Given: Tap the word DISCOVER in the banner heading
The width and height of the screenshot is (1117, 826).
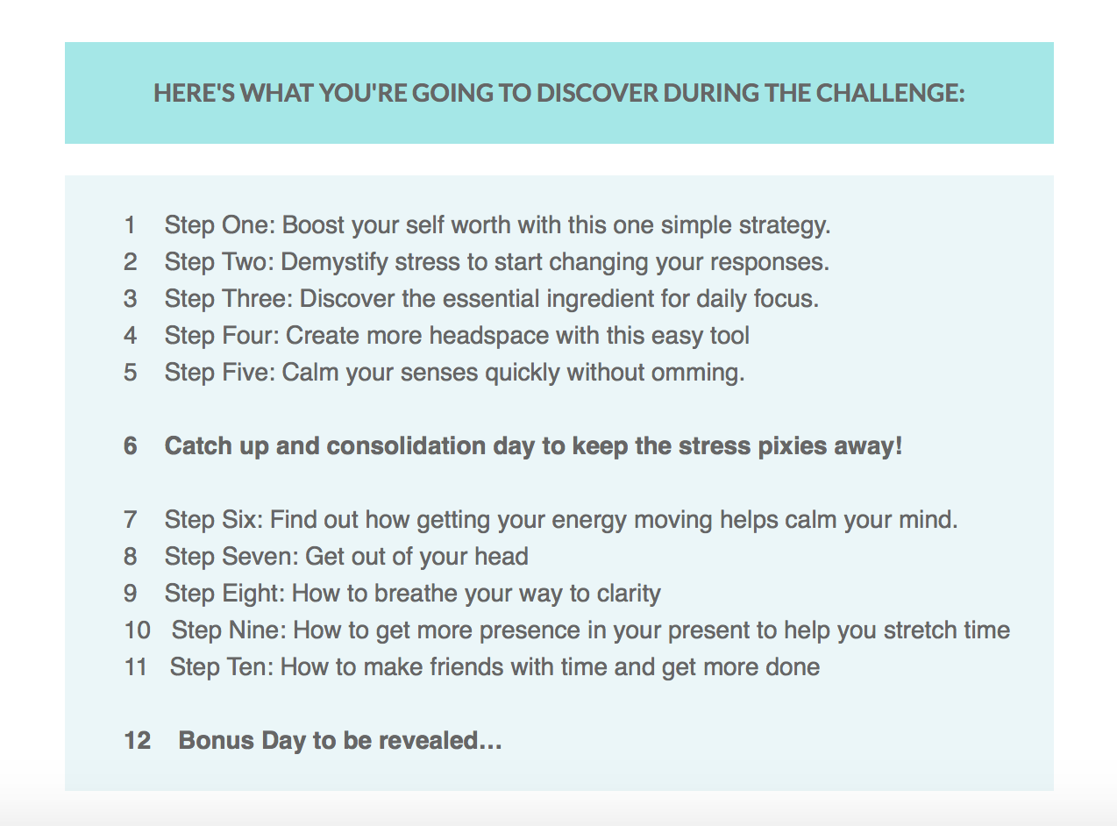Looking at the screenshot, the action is pyautogui.click(x=597, y=93).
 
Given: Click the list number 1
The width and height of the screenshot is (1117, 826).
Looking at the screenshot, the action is pyautogui.click(x=130, y=224).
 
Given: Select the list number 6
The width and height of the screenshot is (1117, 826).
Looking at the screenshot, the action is pyautogui.click(x=131, y=445).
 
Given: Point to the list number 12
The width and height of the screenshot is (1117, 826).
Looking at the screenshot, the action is pyautogui.click(x=138, y=740).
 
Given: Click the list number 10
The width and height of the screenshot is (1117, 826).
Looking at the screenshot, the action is pyautogui.click(x=138, y=630).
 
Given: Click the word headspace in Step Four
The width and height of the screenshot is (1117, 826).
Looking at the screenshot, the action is pyautogui.click(x=488, y=337).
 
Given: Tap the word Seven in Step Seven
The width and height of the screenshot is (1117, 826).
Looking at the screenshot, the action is pyautogui.click(x=260, y=557).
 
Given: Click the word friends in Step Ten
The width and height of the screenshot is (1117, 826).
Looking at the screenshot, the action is pyautogui.click(x=466, y=666).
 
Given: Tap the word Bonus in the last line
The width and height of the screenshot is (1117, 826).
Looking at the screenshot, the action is pyautogui.click(x=216, y=740).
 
